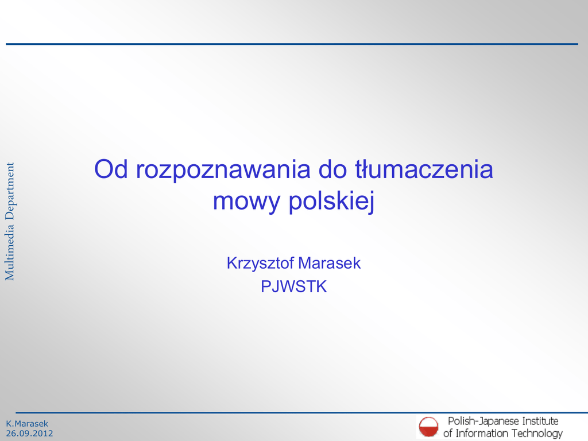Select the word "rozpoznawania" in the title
tap(223, 171)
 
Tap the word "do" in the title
tap(332, 169)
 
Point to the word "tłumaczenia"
tap(424, 169)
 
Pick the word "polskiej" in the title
tap(331, 202)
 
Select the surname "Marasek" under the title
tap(330, 263)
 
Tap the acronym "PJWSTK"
tap(293, 287)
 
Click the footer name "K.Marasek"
tap(27, 423)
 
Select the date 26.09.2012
tap(30, 434)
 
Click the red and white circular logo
tap(428, 427)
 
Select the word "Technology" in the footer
tap(537, 434)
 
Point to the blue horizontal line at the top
tap(292, 44)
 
